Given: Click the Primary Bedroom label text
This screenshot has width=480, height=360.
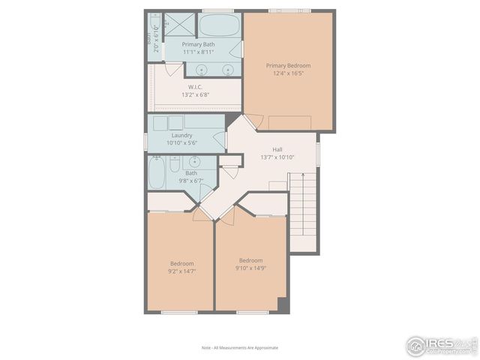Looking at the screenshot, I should [x=288, y=66].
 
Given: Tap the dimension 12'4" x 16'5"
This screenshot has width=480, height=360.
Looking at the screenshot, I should [x=288, y=74].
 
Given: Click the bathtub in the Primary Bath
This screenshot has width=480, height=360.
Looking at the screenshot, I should [x=219, y=25].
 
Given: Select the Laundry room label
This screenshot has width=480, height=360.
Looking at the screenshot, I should [x=181, y=135].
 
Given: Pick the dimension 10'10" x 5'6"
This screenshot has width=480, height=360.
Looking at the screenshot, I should [x=181, y=142].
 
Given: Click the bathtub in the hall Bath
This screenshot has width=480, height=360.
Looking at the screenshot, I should [x=157, y=173].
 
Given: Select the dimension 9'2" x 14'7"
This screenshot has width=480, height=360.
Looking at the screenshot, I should [x=181, y=271].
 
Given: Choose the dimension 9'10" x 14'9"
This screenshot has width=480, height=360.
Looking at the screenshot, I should [x=250, y=268].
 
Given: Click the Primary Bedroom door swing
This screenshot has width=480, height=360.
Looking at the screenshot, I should [x=254, y=121].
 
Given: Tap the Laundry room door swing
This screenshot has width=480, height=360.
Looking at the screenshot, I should [x=220, y=139].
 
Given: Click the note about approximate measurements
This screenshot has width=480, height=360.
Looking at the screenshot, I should [x=240, y=348].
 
